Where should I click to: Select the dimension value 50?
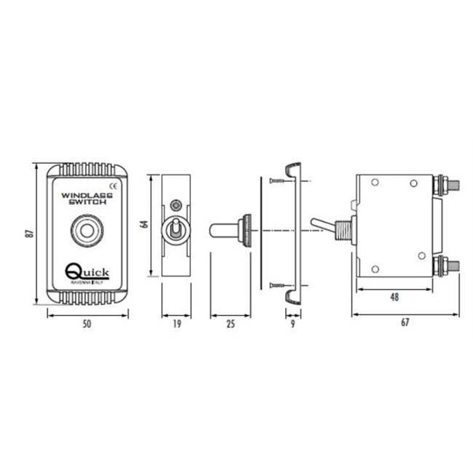tap(88, 325)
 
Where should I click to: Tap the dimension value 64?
tap(144, 225)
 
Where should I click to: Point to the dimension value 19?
tap(175, 325)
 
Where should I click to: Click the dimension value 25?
tap(231, 325)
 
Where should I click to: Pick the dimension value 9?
tap(293, 325)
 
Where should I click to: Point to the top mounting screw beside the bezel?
tap(276, 180)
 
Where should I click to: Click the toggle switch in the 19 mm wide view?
tap(175, 231)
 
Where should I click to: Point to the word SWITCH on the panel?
tap(87, 205)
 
